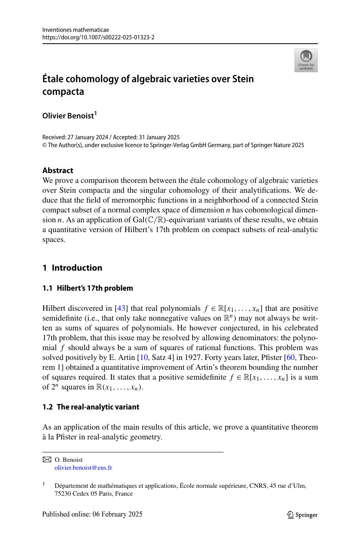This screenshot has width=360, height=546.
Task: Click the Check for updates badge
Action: point(306,61)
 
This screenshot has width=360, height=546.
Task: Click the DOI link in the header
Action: point(98,37)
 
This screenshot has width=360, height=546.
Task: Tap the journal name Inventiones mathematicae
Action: point(75,30)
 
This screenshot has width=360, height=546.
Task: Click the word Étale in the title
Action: point(55,79)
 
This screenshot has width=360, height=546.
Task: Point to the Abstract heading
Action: point(57,170)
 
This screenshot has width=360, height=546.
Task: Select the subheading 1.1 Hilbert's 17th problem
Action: point(87,288)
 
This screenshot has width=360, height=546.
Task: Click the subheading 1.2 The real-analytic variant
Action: point(90,407)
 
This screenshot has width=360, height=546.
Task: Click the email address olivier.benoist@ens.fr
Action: point(83,468)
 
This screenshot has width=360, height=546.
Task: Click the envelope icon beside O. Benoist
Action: point(47,459)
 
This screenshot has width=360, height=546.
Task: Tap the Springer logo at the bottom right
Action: point(302,515)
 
